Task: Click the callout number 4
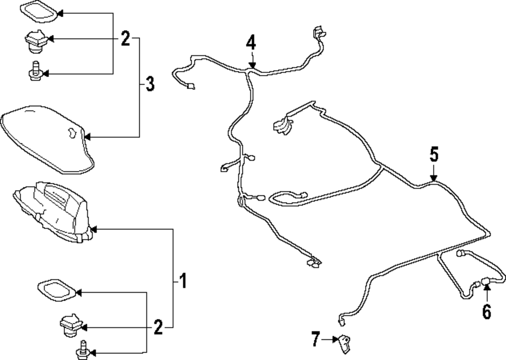pos(251,43)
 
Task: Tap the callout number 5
pos(434,154)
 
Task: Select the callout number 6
pos(487,311)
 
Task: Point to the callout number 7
pos(316,339)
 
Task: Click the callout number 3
pos(150,84)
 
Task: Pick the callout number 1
pos(183,281)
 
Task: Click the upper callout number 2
pos(125,38)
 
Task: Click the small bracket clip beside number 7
pos(344,343)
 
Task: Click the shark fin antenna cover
pos(48,139)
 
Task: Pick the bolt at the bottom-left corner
pos(82,350)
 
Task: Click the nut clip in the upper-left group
pos(37,42)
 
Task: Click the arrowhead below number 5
pos(434,178)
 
